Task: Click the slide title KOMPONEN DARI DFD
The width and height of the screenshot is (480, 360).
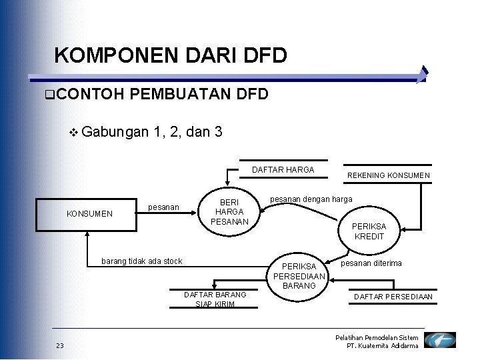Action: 171,55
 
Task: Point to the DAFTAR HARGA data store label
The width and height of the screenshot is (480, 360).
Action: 283,170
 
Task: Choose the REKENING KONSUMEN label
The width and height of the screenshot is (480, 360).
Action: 389,176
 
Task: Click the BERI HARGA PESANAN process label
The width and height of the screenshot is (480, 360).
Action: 230,211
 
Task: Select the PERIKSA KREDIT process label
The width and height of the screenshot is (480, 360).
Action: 369,231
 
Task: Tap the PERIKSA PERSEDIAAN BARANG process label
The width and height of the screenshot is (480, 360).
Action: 299,276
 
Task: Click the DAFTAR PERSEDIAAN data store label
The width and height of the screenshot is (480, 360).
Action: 393,297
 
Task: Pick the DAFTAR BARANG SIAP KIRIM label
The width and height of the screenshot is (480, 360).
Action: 215,299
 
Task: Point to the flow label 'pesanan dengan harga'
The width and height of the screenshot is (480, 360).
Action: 311,199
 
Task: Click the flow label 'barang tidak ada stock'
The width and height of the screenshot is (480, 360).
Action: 141,261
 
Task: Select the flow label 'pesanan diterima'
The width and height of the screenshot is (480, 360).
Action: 371,263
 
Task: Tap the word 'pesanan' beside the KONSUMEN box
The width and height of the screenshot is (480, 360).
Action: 163,207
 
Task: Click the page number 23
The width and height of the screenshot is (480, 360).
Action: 60,345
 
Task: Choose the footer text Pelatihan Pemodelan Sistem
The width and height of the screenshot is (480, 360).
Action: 377,338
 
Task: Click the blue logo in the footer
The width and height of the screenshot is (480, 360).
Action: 440,341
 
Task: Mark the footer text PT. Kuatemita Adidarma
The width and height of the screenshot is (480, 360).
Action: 383,346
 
